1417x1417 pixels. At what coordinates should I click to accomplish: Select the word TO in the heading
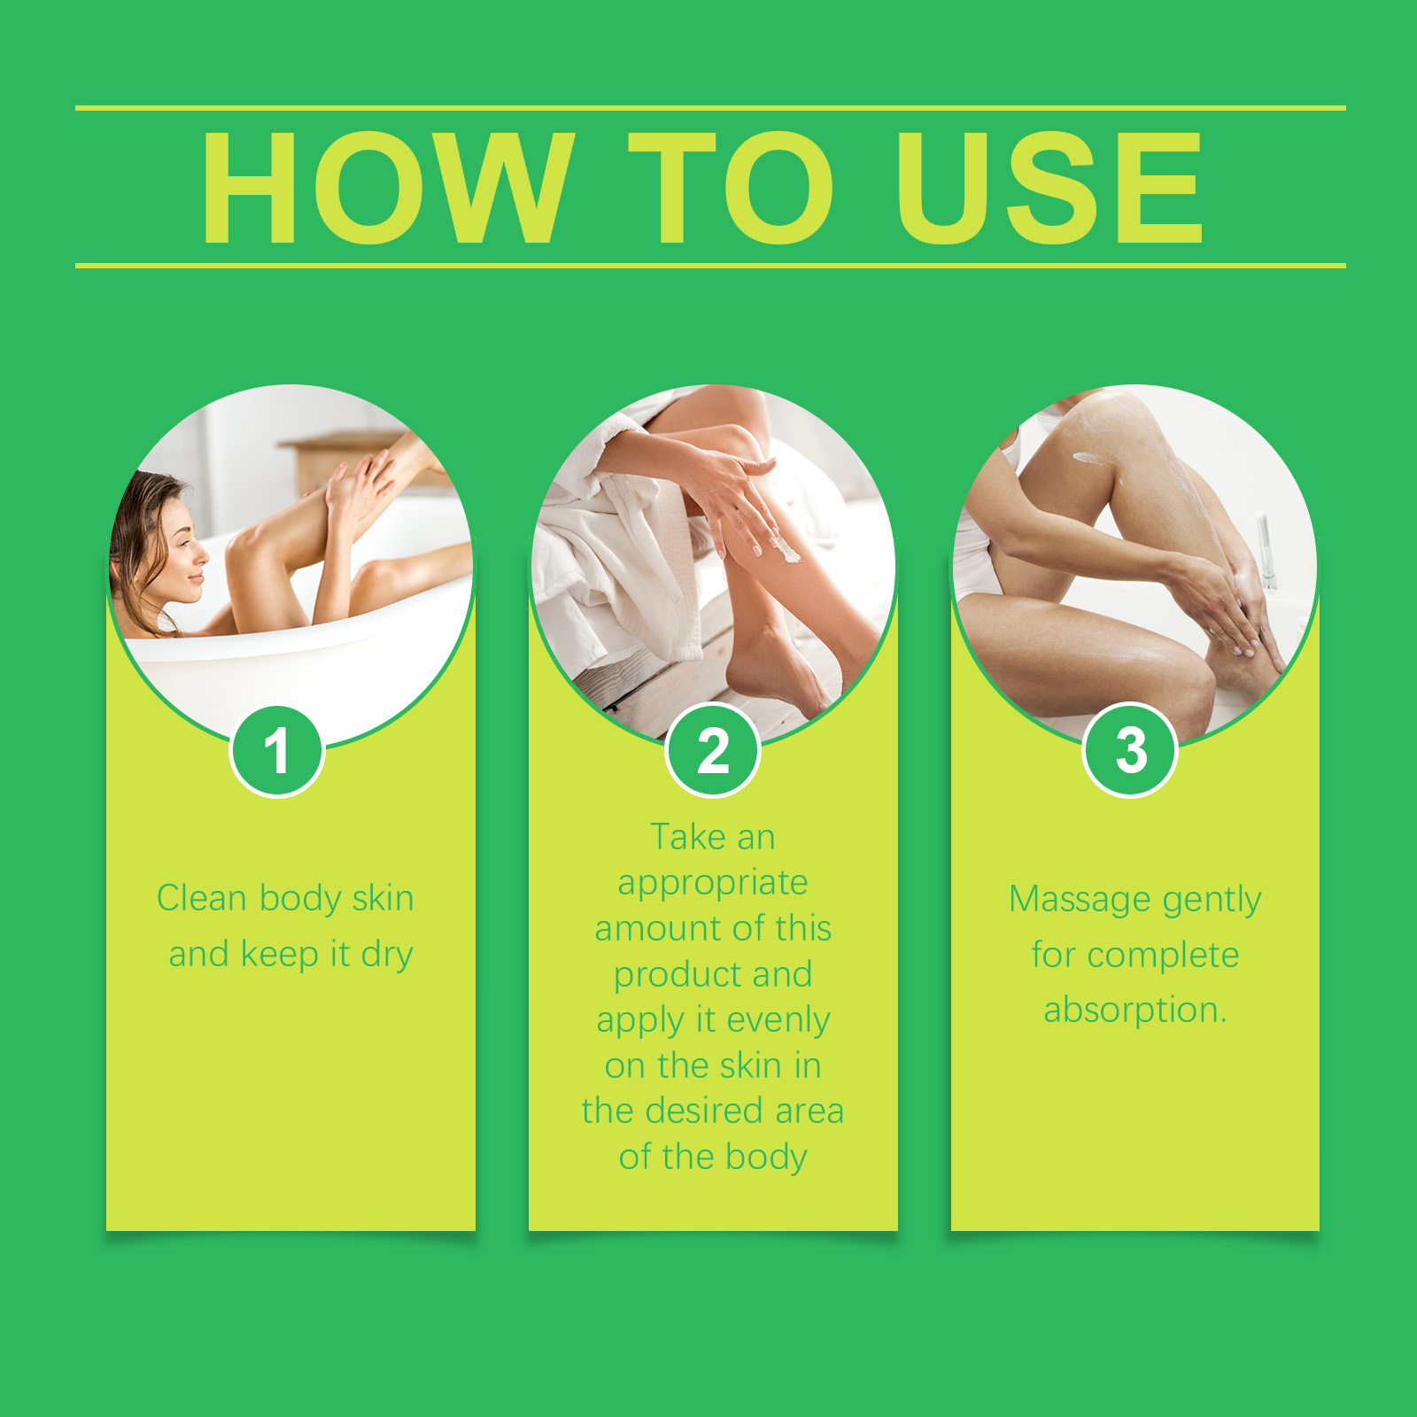tap(731, 188)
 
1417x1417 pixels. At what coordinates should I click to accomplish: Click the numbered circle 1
tap(277, 751)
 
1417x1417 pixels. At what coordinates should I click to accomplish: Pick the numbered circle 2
tap(713, 751)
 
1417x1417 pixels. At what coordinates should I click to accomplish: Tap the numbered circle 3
tap(1130, 751)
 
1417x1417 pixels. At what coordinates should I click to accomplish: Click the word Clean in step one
tap(201, 898)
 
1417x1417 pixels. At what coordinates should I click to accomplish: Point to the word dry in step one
tap(387, 956)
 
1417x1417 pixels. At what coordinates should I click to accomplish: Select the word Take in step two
tap(688, 837)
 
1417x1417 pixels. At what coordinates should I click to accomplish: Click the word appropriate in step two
tap(713, 884)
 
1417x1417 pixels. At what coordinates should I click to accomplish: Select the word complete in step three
tap(1163, 956)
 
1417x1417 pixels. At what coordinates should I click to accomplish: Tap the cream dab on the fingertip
tap(787, 554)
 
